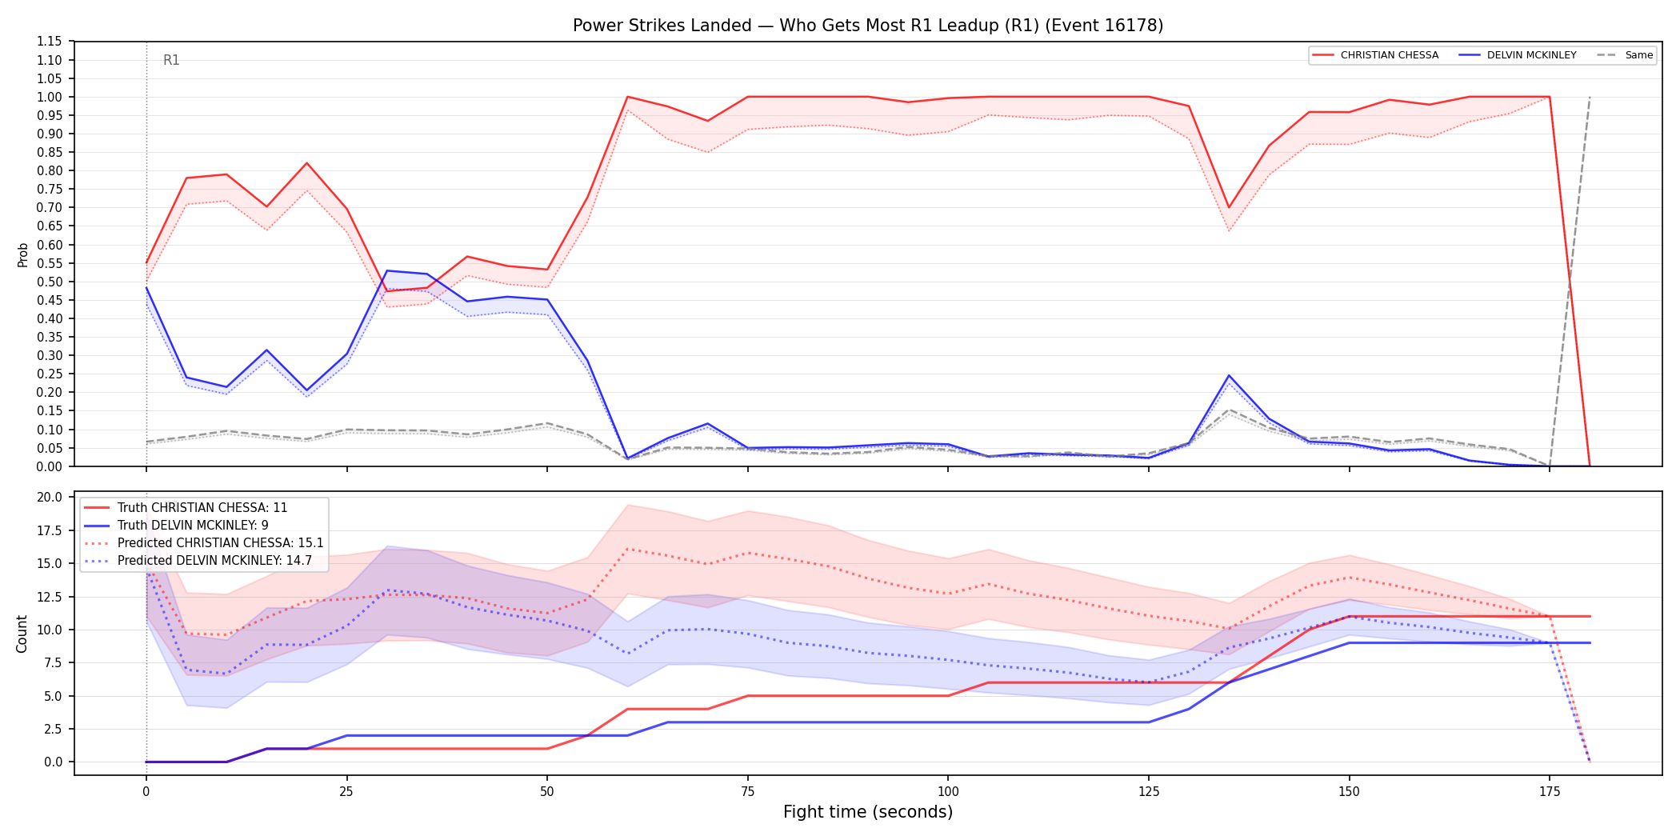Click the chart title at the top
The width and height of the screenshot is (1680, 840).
(868, 26)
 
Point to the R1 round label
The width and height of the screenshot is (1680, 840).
(171, 60)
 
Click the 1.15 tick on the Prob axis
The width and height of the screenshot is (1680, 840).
(49, 42)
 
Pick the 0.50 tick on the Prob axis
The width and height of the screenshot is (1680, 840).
(49, 282)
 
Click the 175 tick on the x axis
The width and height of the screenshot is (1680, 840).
(1550, 792)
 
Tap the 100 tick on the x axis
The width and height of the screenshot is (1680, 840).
(948, 792)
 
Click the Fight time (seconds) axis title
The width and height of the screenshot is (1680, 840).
(868, 812)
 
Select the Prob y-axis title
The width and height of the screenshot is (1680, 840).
(23, 254)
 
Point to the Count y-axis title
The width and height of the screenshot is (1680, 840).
(22, 634)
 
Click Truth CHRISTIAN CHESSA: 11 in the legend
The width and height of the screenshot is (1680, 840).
(202, 508)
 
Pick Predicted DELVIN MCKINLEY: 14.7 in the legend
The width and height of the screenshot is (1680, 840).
(215, 561)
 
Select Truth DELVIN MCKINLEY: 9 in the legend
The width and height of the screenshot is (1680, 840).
(193, 526)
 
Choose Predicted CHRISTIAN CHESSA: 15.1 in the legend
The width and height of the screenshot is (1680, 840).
(221, 543)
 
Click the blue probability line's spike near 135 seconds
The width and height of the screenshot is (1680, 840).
(1229, 375)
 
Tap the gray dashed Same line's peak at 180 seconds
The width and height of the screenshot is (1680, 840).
(1590, 97)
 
